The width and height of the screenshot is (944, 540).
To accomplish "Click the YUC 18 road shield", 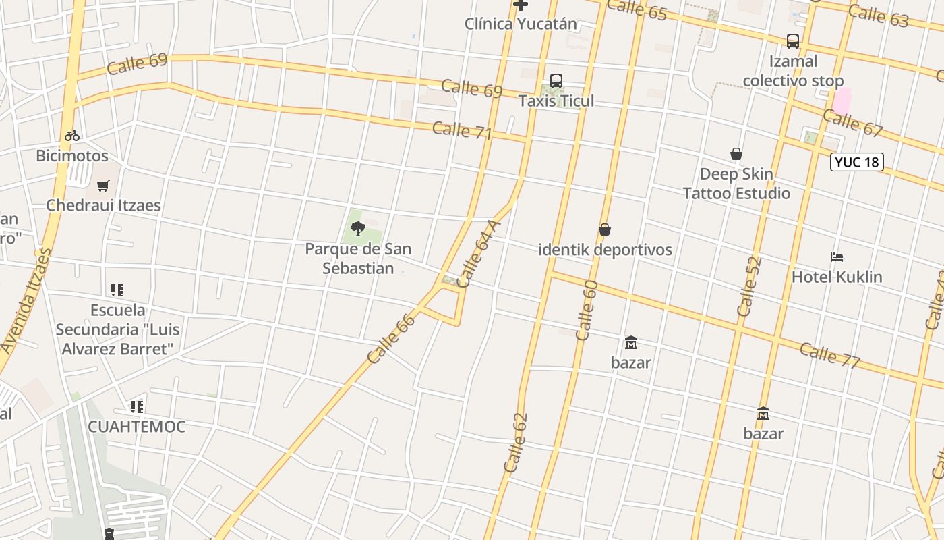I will point(856,162).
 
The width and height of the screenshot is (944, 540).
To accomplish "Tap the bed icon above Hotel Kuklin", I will point(837,257).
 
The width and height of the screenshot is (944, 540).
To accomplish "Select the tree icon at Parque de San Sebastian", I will point(358,229).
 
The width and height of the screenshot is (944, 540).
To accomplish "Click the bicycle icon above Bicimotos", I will point(72,136).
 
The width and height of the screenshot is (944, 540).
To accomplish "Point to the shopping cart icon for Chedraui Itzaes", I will point(103,186).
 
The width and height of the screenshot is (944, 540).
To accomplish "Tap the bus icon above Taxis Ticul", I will point(556,81).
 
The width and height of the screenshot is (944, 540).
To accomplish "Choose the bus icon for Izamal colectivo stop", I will point(793,41).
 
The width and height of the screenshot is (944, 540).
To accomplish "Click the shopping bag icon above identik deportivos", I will point(605,230).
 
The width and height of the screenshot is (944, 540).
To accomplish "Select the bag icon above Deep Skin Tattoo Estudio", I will point(736,155).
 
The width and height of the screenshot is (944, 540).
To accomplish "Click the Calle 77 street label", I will point(830,355).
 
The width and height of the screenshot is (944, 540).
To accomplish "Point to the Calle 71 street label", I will point(462,130).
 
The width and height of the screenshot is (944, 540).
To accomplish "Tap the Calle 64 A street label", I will point(479,253).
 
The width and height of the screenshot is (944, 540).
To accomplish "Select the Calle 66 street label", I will point(391,339).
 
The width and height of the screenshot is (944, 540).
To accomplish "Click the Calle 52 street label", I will point(749,286).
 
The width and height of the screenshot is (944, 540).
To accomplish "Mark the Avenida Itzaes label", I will point(26,300).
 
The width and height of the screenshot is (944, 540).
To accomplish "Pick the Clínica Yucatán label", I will point(521,24).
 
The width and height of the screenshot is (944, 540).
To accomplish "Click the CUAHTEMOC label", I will point(136,427).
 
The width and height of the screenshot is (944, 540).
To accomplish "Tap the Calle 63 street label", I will point(878,15).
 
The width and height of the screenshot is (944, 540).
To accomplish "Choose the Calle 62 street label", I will point(515,443).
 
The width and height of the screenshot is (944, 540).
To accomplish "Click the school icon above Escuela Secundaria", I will point(117,290).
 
